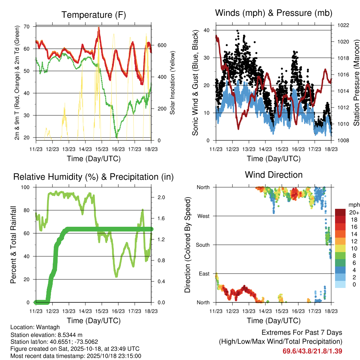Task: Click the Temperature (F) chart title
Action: pos(94,15)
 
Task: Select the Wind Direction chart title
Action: pos(274,175)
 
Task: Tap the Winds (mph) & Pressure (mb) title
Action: pos(274,13)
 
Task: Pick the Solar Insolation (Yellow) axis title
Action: pos(173,83)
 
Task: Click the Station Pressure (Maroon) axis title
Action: pos(356,83)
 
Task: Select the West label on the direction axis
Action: pos(204,216)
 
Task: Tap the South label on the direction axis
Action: pos(203,245)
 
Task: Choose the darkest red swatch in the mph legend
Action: pos(340,212)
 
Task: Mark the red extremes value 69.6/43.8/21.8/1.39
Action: pos(312,351)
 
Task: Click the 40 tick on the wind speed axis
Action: pos(207,30)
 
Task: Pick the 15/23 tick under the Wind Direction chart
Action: pos(281,311)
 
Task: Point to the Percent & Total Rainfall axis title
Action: pos(13,245)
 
